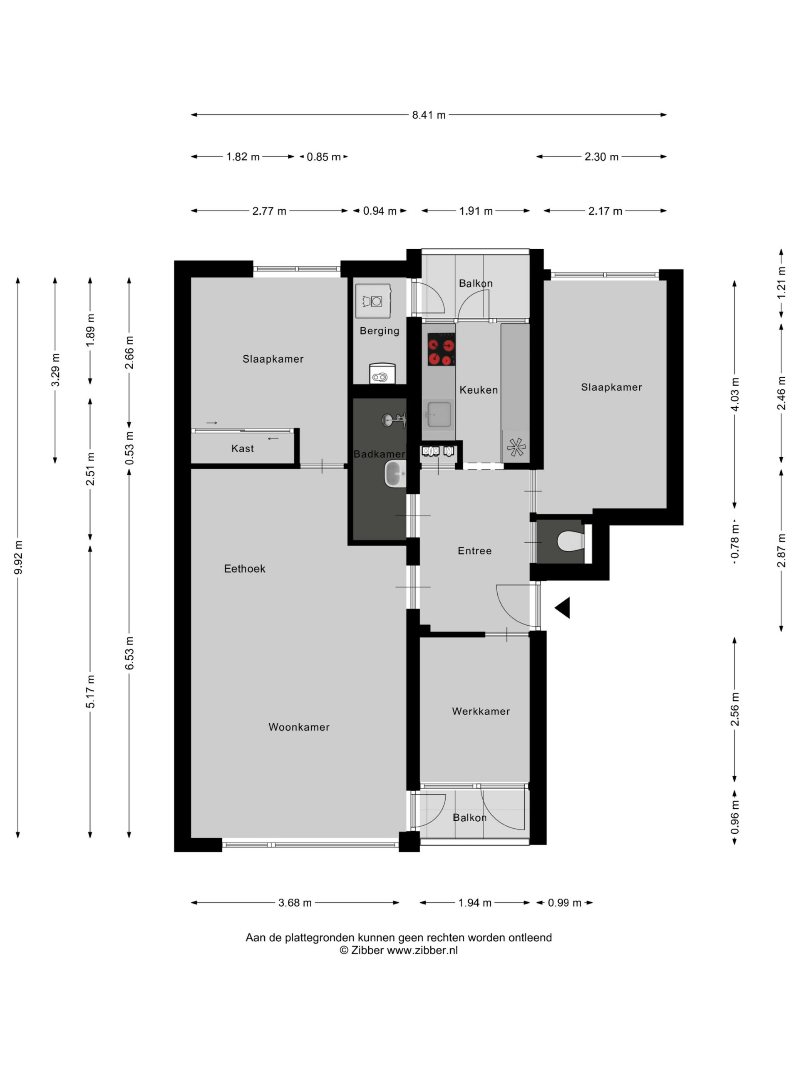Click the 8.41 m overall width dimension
(x=428, y=114)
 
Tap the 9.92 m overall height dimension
(x=18, y=557)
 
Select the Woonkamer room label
(x=299, y=727)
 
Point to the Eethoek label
(x=245, y=569)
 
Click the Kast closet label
(x=242, y=448)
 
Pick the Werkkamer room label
(x=481, y=711)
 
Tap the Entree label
(x=474, y=551)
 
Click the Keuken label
(x=478, y=389)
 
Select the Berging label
(x=380, y=331)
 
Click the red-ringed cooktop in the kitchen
(x=441, y=350)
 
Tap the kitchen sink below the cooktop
(x=438, y=414)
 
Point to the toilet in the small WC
(x=571, y=541)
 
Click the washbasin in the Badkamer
(x=395, y=474)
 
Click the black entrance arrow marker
(x=563, y=608)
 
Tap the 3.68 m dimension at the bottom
(x=295, y=903)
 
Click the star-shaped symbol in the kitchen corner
(x=516, y=447)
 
